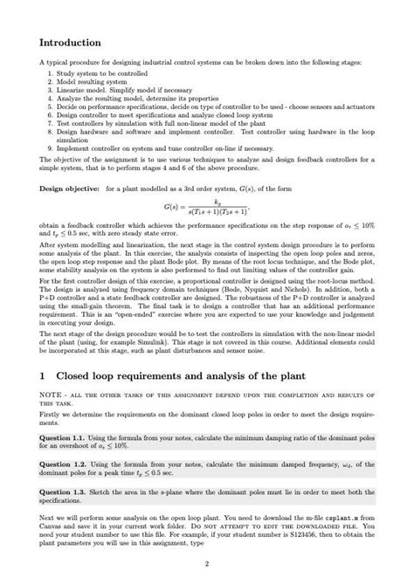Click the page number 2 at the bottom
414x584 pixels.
click(206, 563)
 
